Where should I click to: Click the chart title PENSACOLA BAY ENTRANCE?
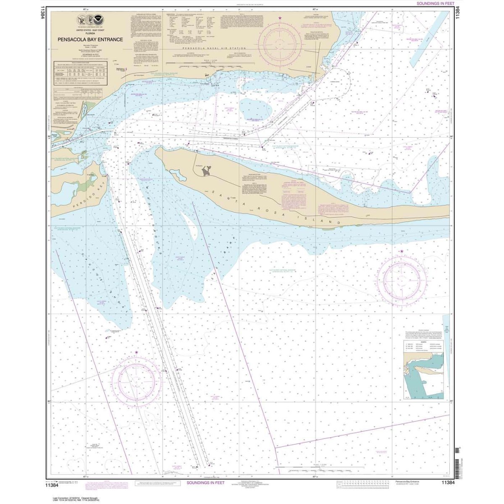point(87,40)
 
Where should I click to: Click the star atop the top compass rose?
point(280,18)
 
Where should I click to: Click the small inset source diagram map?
point(423,375)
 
